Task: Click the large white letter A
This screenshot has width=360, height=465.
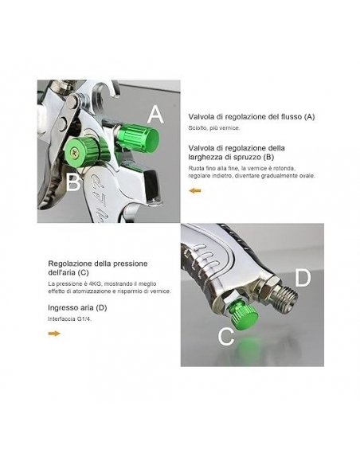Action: [155, 115]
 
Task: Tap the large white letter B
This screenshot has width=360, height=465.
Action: [73, 182]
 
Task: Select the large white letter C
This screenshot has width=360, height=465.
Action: [226, 336]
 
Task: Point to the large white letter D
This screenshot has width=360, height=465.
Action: [303, 278]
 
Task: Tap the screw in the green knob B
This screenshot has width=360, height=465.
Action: [73, 152]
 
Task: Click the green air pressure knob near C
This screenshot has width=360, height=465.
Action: [244, 315]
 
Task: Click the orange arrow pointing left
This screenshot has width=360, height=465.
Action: [195, 190]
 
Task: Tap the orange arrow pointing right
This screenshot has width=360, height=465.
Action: [54, 334]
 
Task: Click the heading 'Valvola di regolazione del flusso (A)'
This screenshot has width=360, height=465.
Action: [252, 116]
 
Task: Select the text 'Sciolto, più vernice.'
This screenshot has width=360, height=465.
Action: [214, 128]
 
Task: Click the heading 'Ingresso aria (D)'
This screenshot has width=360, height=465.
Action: [77, 308]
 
